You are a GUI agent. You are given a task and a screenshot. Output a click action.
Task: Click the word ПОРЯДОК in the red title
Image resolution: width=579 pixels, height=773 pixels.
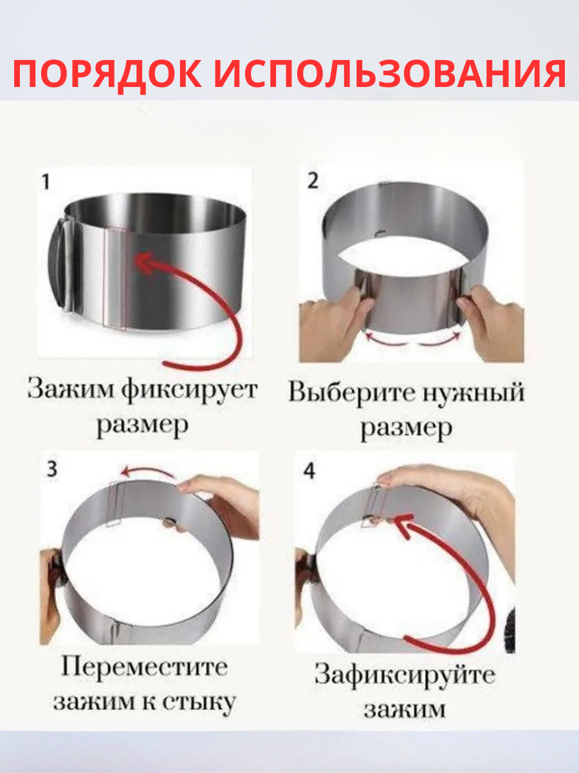(107, 75)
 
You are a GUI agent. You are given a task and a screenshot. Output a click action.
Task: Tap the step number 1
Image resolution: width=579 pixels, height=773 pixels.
(46, 183)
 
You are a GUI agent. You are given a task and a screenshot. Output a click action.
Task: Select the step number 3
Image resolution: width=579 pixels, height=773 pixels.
(52, 470)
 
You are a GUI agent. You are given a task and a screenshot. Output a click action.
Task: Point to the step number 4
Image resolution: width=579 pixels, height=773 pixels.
(309, 470)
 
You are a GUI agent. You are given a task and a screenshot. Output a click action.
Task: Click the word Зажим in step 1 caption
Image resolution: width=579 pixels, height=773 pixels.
(71, 390)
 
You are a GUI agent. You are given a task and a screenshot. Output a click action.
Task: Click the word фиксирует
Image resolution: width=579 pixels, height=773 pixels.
(190, 391)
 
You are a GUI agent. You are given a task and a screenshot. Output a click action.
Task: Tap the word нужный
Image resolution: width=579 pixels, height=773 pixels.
(473, 393)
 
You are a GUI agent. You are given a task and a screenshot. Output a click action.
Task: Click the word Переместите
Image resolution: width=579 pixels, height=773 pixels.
(145, 667)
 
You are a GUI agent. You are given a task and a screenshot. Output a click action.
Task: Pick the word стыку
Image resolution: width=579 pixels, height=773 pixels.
(199, 703)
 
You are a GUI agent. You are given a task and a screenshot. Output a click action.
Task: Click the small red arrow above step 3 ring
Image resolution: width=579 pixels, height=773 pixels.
(148, 471)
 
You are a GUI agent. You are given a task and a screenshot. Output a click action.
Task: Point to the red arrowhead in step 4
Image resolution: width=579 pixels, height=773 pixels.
(404, 526)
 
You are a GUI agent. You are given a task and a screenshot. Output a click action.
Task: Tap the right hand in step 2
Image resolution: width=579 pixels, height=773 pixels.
(492, 324)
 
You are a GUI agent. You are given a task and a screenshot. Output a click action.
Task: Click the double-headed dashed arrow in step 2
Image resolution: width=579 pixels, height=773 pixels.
(413, 341)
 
